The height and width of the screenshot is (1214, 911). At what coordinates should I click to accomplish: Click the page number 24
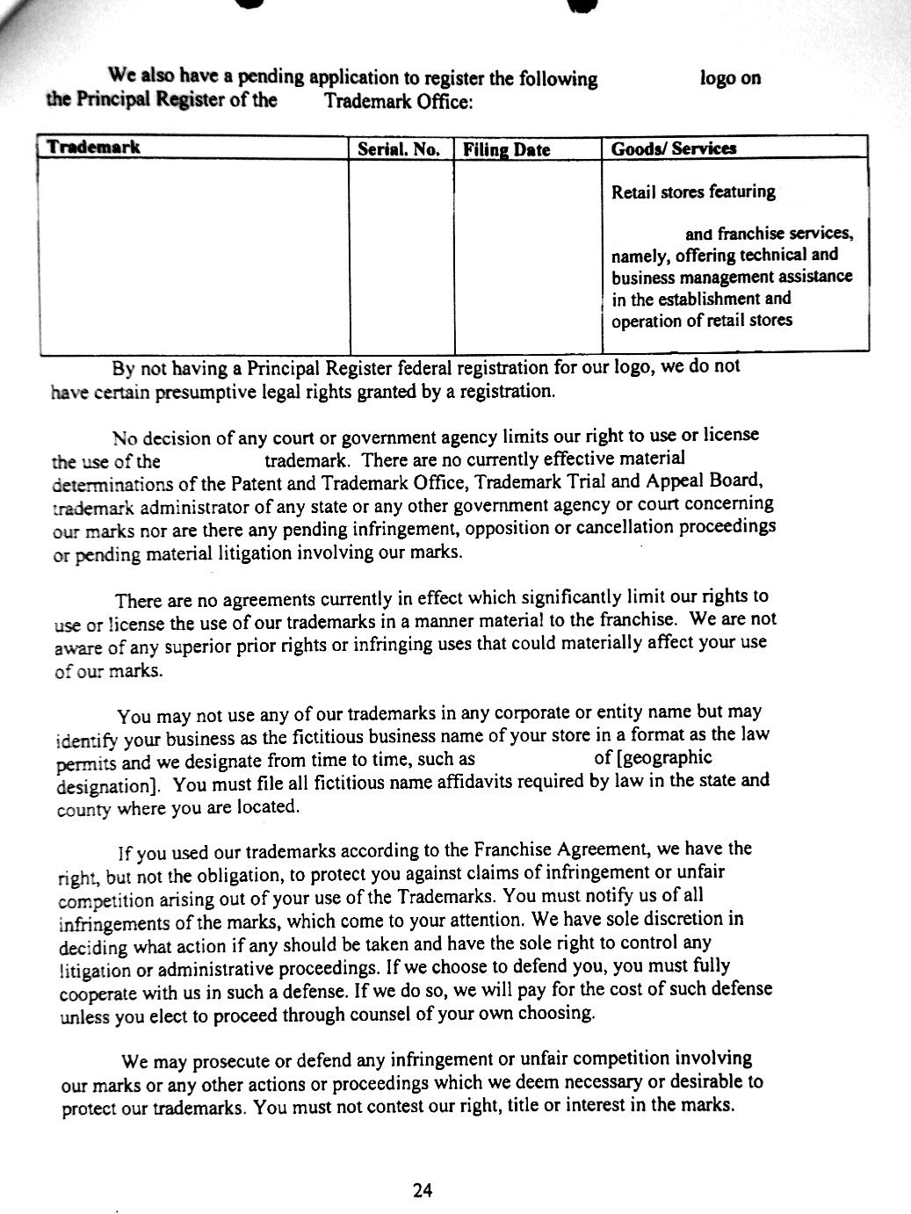[x=423, y=1191]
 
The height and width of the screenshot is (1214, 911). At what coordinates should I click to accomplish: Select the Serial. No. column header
[x=399, y=149]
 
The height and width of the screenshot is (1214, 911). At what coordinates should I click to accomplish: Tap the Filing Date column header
[x=507, y=150]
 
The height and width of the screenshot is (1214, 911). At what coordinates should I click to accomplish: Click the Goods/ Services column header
[x=674, y=148]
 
